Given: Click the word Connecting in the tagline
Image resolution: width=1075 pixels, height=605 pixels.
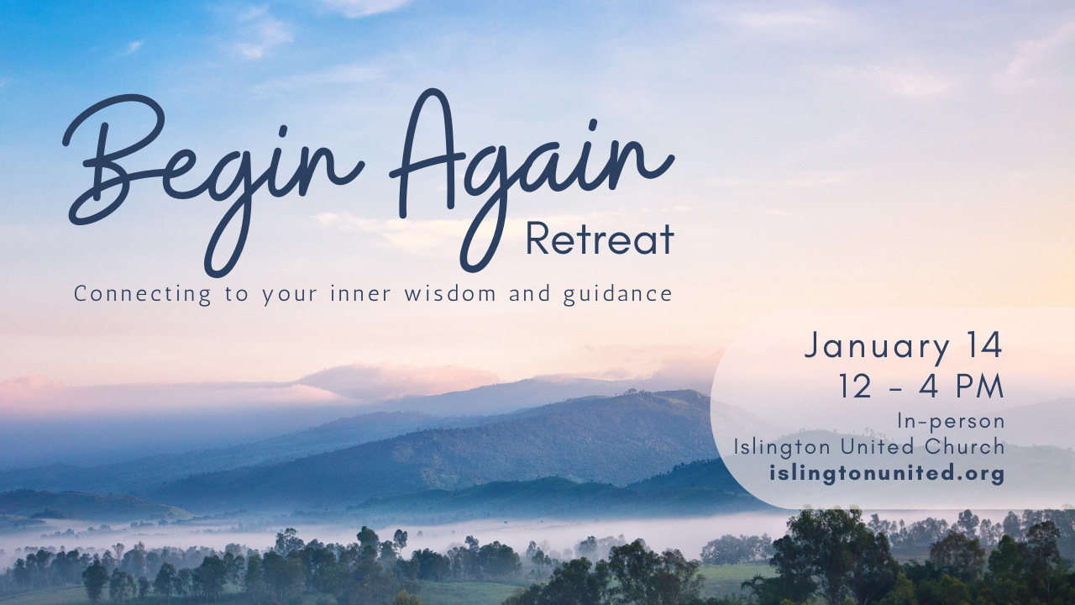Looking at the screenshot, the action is tap(143, 295).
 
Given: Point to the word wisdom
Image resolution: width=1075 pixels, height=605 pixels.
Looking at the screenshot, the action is tap(449, 293).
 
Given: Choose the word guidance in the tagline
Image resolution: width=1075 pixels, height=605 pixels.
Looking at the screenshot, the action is tap(617, 295).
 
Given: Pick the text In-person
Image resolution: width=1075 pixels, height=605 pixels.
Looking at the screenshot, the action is tap(952, 422).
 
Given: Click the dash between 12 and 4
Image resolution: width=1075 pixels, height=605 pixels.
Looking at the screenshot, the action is tap(896, 389).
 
